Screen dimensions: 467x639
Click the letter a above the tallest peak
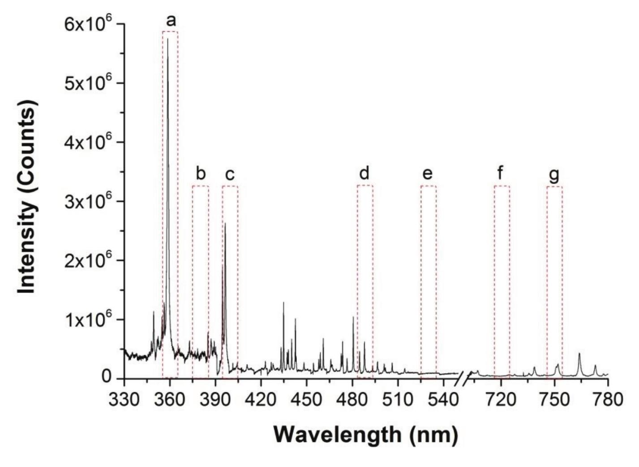point(171,21)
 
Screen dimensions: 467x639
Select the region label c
point(230,174)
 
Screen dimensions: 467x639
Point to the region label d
point(365,173)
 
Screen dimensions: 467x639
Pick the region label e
point(428,174)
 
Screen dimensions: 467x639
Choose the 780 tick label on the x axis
point(608,399)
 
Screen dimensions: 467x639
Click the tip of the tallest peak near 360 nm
point(167,39)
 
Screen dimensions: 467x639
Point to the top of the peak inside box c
point(225,223)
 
